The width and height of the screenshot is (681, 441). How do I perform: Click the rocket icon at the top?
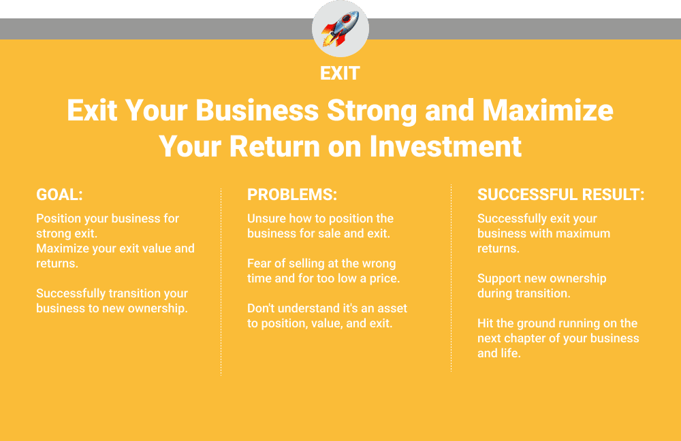(340, 29)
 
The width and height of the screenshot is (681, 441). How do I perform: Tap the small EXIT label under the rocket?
(340, 73)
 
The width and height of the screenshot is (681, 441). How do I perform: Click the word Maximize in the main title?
(548, 110)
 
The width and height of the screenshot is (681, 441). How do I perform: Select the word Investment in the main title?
(445, 146)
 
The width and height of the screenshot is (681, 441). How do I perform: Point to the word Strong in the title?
(372, 111)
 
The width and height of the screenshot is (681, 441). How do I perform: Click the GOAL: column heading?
(59, 195)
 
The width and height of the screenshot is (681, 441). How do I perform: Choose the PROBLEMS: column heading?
(292, 195)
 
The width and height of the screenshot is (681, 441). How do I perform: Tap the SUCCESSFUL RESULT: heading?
(560, 195)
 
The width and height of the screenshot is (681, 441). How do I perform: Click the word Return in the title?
(274, 146)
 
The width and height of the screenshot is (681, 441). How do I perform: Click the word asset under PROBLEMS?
(392, 308)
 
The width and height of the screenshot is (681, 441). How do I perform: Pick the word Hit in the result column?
(485, 323)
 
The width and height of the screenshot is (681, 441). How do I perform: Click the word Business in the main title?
(257, 110)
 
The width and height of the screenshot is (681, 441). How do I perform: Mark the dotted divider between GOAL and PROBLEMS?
(221, 282)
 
